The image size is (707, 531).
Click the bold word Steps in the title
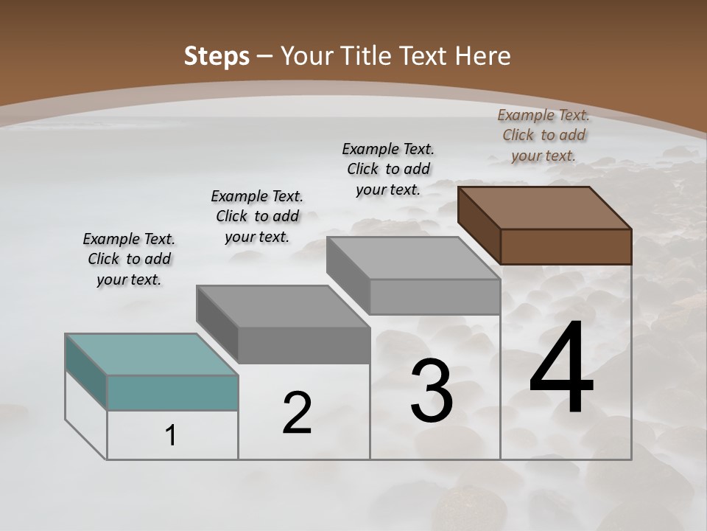[217, 56]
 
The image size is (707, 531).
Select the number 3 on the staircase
[432, 392]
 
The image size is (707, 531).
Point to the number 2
[297, 414]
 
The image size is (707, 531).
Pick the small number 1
[170, 436]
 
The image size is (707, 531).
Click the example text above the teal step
[129, 259]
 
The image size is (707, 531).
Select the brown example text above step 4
[544, 135]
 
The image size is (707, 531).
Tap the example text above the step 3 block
[388, 169]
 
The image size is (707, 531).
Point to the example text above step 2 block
[257, 216]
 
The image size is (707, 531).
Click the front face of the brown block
[566, 246]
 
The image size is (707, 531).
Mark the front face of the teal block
[172, 392]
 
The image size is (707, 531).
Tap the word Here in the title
[483, 56]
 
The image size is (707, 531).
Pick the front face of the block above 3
[435, 296]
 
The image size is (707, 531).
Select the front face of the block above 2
[303, 345]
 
